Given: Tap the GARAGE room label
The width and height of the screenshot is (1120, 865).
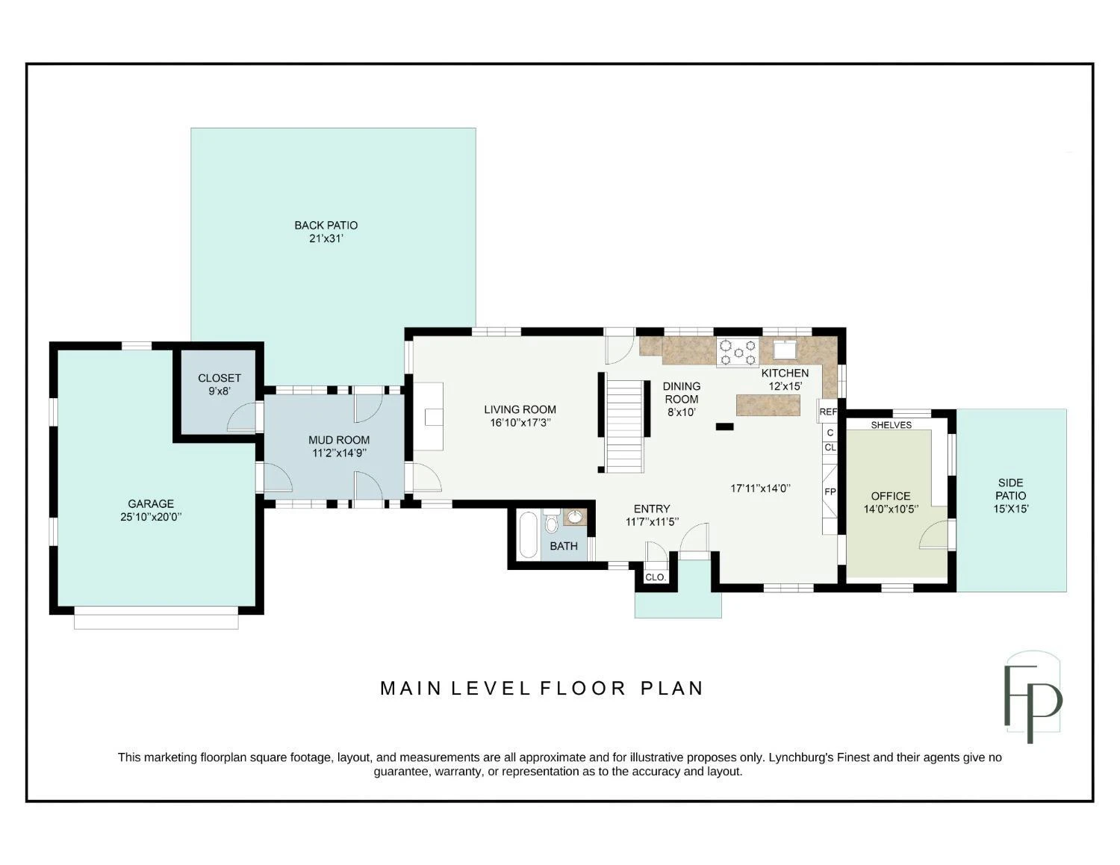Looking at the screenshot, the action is click(151, 503).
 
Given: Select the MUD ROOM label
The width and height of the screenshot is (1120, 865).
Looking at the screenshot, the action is click(339, 440).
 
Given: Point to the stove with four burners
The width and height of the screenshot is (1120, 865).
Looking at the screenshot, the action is click(738, 352).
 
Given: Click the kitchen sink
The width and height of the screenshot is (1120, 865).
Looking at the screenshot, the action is click(785, 349).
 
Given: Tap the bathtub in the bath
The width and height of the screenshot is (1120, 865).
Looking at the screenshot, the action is click(528, 535).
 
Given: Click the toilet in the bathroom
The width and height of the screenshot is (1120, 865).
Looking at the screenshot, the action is click(552, 521).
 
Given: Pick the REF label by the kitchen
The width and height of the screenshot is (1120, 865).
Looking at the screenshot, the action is click(828, 412).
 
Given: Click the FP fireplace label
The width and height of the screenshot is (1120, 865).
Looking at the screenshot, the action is click(830, 492).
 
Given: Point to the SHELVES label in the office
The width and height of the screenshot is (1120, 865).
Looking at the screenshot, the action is click(892, 425).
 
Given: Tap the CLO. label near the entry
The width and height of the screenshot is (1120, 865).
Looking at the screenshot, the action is click(655, 577).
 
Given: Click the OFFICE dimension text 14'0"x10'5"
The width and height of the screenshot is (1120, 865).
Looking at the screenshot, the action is click(891, 509).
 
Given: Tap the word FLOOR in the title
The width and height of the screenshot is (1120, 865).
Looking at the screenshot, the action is click(582, 688).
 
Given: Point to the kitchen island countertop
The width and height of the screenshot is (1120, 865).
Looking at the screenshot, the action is click(768, 405).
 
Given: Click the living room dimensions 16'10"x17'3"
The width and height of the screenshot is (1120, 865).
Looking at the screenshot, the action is click(520, 423).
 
